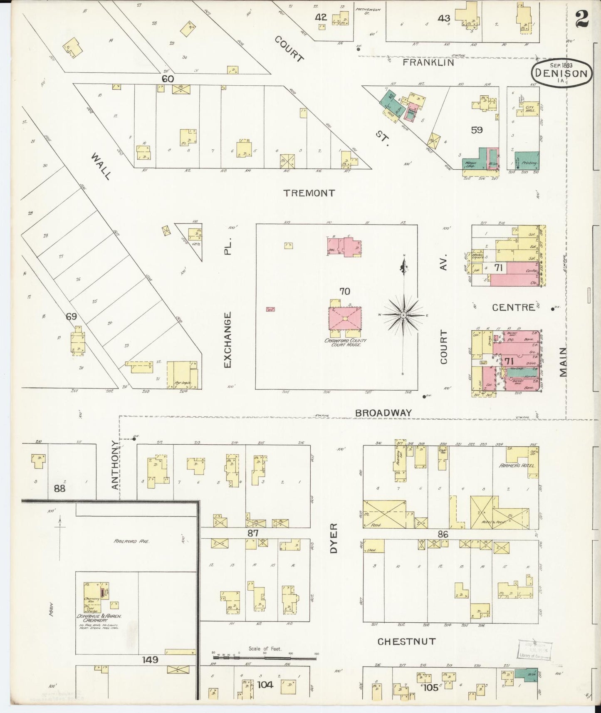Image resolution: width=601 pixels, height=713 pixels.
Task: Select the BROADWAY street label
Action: tap(383, 413)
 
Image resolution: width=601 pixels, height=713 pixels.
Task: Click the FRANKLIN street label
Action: tap(428, 63)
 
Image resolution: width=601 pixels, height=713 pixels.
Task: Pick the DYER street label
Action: tap(334, 538)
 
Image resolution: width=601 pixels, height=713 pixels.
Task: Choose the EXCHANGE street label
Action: tap(227, 340)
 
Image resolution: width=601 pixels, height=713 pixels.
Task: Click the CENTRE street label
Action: tap(513, 308)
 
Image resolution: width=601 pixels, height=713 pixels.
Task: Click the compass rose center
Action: tap(403, 316)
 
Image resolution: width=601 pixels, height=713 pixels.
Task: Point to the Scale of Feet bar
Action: tap(265, 658)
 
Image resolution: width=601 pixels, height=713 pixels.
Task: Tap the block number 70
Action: tap(344, 291)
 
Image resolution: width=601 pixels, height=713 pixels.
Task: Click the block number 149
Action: tap(150, 659)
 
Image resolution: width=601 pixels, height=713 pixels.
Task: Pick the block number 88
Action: tap(59, 488)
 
